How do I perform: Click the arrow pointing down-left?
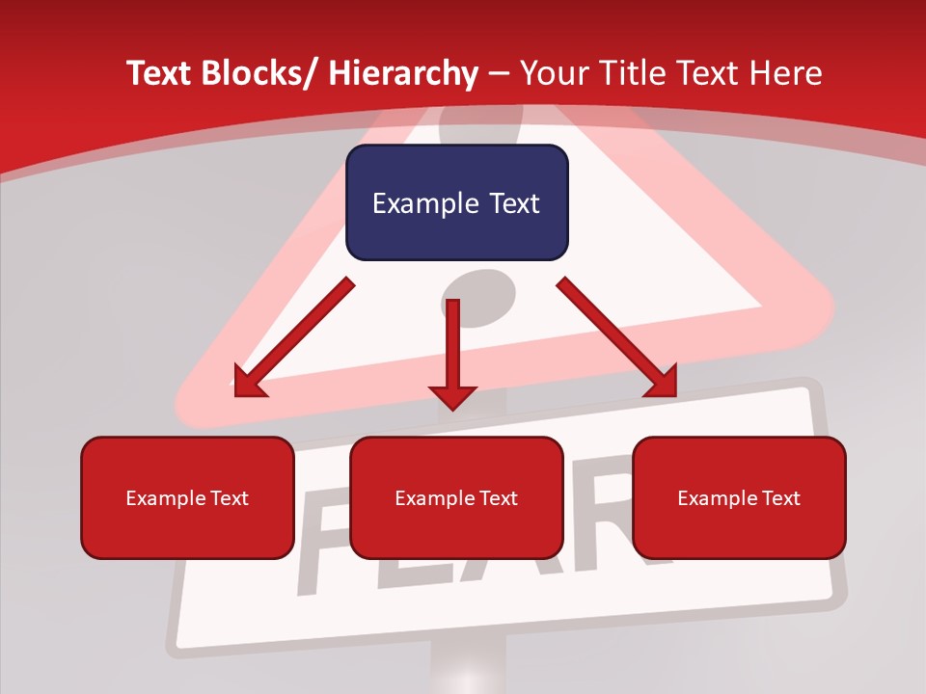click(294, 337)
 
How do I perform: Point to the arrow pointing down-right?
click(617, 337)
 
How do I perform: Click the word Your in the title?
click(554, 73)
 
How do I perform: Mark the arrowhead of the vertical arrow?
click(453, 396)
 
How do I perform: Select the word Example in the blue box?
click(411, 203)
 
